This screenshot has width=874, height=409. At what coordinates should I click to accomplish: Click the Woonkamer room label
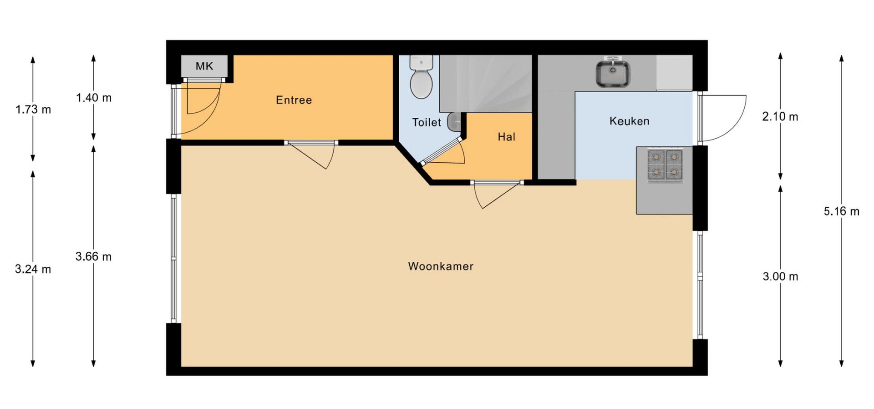tap(441, 266)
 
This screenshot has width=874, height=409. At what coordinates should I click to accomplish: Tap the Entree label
tap(294, 100)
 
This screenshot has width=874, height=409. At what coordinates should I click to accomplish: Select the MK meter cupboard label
tap(204, 66)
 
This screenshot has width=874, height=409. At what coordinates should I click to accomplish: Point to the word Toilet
tap(427, 122)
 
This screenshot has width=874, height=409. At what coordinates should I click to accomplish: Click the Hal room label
tap(507, 137)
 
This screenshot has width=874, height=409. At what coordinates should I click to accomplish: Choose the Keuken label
tap(630, 121)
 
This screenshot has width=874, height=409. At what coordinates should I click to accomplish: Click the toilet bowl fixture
tap(421, 77)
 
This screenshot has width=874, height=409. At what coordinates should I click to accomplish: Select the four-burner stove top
tap(665, 165)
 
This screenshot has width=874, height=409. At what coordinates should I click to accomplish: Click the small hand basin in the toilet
tap(454, 121)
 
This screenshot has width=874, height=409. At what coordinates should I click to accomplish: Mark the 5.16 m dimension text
tap(842, 211)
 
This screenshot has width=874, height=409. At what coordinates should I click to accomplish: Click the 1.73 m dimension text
tap(33, 110)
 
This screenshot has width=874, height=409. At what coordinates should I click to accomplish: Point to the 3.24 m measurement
tap(33, 269)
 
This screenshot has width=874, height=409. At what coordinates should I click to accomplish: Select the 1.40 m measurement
tap(94, 98)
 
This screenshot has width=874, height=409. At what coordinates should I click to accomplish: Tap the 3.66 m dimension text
tap(94, 257)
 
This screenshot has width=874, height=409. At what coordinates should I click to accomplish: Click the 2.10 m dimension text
tap(780, 117)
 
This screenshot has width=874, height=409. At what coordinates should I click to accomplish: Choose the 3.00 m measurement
tap(780, 276)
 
